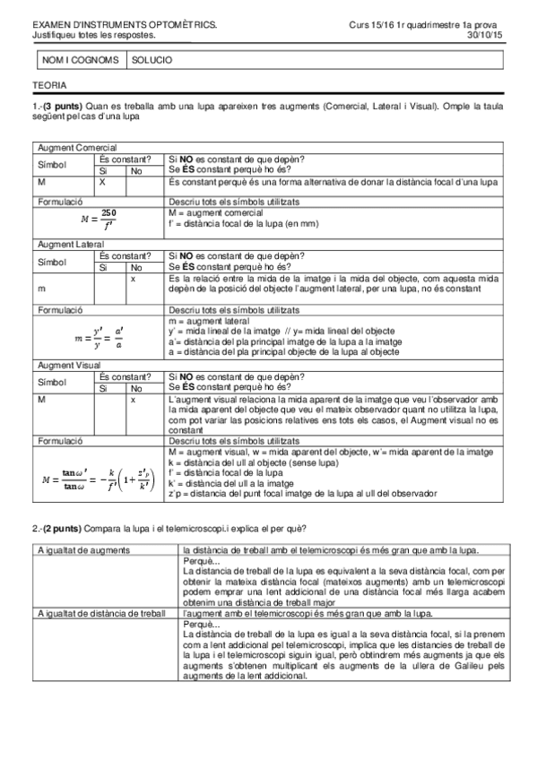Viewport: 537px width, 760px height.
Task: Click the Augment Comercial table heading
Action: tap(76, 147)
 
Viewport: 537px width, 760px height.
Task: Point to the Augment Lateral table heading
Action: tap(72, 244)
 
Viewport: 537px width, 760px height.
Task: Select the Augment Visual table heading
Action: tap(70, 366)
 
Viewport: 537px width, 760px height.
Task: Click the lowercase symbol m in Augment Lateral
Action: tap(41, 288)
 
